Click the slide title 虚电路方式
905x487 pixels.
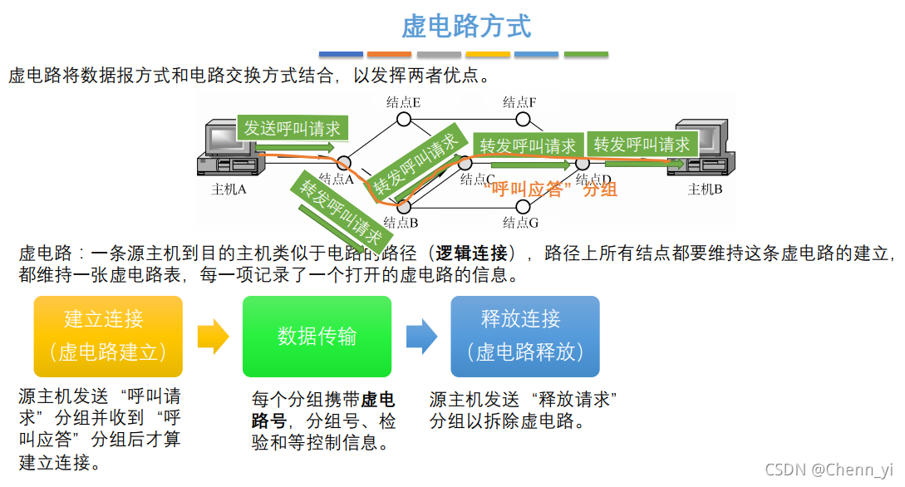[466, 26]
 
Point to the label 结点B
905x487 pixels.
[401, 223]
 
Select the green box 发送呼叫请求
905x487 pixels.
[292, 129]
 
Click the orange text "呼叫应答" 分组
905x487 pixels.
[550, 189]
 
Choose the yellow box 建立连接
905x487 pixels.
[108, 336]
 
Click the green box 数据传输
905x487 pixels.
[317, 336]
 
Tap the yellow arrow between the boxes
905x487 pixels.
[213, 336]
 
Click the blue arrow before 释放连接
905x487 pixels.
[421, 336]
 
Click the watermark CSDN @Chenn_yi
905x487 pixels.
[829, 470]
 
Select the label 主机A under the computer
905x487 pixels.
[229, 189]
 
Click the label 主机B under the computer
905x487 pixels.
[706, 189]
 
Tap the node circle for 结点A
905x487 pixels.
[344, 163]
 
